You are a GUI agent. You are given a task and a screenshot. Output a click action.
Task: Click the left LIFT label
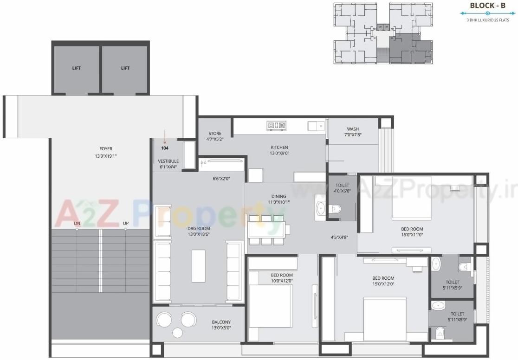[x=77, y=68]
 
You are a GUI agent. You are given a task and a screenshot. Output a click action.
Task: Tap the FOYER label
[x=105, y=149]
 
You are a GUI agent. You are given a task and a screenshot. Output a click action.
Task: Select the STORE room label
[x=214, y=134]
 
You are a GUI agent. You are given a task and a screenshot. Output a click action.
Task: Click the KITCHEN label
[x=279, y=148]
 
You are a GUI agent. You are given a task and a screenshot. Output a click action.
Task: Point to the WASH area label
[x=353, y=129]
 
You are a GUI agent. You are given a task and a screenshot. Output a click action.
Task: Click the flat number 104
[x=165, y=148]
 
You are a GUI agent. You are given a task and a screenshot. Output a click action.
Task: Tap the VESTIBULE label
[x=168, y=161]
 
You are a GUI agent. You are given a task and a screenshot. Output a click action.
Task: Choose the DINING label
[x=278, y=196]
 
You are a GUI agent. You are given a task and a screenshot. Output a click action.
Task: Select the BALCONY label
[x=221, y=322]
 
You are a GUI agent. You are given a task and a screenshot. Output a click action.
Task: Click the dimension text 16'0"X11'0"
[x=412, y=235]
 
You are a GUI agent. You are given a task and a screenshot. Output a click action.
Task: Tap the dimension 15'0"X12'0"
[x=383, y=284]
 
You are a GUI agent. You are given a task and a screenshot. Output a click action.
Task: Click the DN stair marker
[x=77, y=224]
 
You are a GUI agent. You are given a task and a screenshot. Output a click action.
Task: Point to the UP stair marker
[x=126, y=224]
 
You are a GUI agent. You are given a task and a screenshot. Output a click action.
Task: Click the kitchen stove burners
[x=277, y=125]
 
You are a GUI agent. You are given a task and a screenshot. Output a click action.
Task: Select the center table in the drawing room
[x=199, y=265]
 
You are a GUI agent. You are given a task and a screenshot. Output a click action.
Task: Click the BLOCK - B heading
[x=487, y=6]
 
